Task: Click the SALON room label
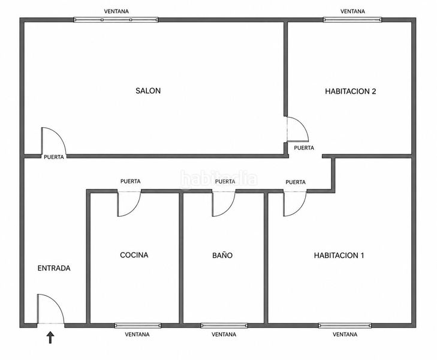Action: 148,91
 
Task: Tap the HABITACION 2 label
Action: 350,91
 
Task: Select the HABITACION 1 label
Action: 339,255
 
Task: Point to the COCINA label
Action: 134,255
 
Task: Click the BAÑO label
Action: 222,255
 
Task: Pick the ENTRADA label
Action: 54,268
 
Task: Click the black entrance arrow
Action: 50,337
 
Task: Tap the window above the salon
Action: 116,20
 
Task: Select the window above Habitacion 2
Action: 352,20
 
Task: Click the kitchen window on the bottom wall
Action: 138,325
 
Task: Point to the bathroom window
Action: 224,325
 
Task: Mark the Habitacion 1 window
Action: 345,325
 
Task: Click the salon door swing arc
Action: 59,135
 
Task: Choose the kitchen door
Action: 133,209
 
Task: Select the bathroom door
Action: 228,209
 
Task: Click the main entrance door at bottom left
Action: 58,302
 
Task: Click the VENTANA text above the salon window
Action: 116,11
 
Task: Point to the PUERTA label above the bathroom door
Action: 225,182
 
